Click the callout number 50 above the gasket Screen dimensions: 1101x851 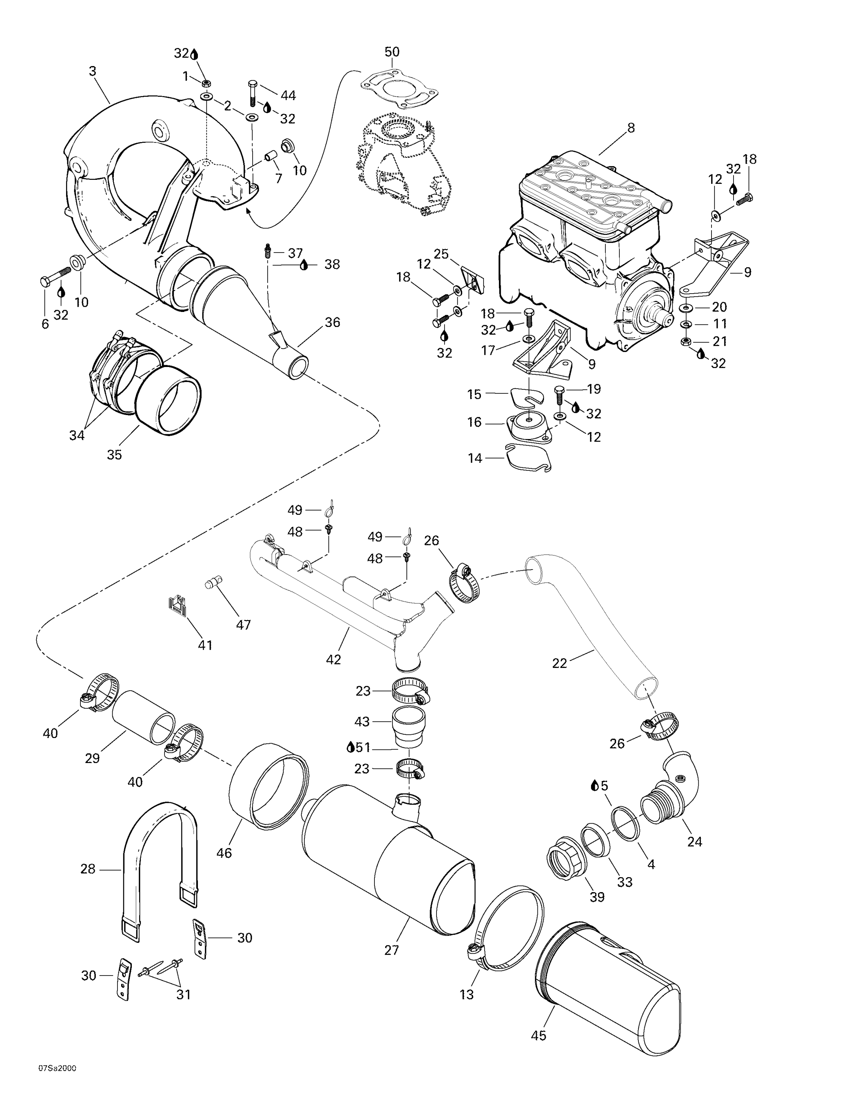[x=392, y=52]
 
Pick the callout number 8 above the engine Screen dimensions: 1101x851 [x=631, y=128]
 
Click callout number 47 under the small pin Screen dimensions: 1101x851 [x=243, y=625]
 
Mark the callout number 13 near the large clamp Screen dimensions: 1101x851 [x=467, y=994]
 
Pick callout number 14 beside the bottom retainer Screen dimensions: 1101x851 [x=475, y=458]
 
